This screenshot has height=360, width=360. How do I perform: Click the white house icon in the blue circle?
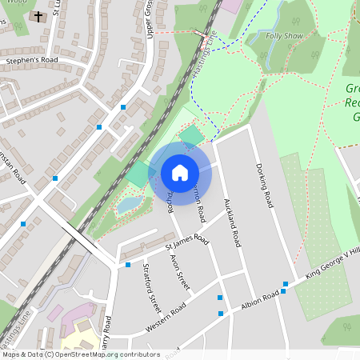(180, 173)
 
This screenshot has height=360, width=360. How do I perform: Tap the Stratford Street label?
(152, 286)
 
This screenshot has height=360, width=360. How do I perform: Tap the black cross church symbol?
(37, 15)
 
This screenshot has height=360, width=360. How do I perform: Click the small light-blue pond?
(128, 205)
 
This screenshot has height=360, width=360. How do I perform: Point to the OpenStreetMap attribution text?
(81, 354)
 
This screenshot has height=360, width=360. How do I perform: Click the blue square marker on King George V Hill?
(285, 283)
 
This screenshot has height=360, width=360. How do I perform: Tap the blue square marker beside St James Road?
(128, 264)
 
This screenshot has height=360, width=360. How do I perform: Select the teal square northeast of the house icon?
(192, 135)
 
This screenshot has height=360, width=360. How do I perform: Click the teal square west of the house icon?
(138, 174)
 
